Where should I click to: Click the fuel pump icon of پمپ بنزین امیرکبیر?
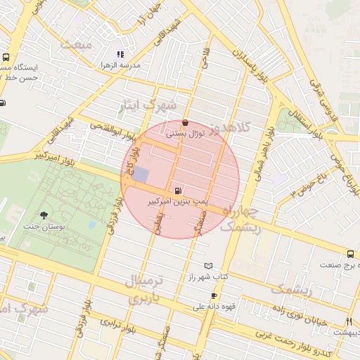pos(176,190)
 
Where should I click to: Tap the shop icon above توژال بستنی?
pos(185,122)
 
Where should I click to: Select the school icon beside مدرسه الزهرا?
pos(120,53)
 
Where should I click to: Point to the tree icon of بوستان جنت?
pos(44,214)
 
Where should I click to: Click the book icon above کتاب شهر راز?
pos(207,266)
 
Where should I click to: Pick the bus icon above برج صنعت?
pos(349,254)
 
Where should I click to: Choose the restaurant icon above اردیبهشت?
pos(348,321)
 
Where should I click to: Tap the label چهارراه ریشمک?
pos(240,220)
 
